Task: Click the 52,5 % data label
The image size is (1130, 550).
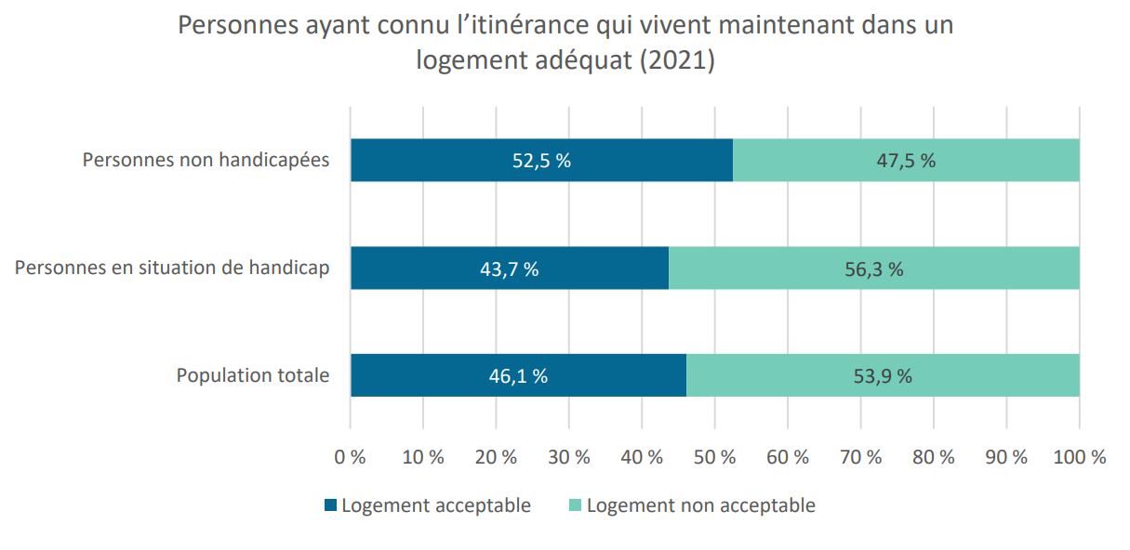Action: pyautogui.click(x=541, y=161)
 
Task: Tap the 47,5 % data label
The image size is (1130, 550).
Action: pyautogui.click(x=906, y=161)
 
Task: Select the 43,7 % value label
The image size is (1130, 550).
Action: pyautogui.click(x=509, y=269)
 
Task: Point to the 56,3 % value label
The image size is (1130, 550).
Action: pyautogui.click(x=874, y=269)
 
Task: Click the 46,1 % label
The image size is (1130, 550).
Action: pyautogui.click(x=518, y=376)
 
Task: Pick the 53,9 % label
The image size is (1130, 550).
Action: pyautogui.click(x=883, y=376)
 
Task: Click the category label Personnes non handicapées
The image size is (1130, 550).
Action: pyautogui.click(x=206, y=161)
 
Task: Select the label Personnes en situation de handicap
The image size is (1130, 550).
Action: pyautogui.click(x=172, y=268)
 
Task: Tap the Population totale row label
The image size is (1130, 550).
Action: pyautogui.click(x=253, y=375)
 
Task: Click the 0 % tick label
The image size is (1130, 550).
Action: pyautogui.click(x=350, y=457)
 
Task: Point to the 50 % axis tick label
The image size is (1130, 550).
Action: pyautogui.click(x=715, y=457)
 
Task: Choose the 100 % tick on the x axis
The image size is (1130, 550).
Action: pyautogui.click(x=1080, y=457)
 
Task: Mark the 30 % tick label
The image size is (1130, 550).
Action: pyautogui.click(x=569, y=457)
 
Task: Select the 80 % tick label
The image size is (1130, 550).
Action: pyautogui.click(x=934, y=457)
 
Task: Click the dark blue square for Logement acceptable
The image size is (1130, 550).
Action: pyautogui.click(x=330, y=505)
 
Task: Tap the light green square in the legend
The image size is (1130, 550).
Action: pyautogui.click(x=575, y=505)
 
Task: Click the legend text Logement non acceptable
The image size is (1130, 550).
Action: pyautogui.click(x=701, y=505)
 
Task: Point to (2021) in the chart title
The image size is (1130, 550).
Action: pyautogui.click(x=677, y=60)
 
